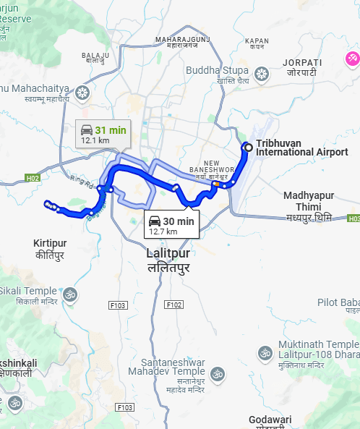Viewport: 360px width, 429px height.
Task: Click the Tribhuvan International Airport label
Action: [296, 148]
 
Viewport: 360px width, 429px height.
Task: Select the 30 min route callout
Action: [171, 224]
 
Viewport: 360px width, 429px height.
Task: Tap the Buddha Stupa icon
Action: [262, 74]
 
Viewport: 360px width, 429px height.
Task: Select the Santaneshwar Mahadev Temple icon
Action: [218, 375]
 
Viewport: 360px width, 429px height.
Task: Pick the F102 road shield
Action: [174, 305]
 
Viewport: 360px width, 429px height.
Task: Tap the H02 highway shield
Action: [32, 177]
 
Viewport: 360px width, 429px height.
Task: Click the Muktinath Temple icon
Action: [265, 354]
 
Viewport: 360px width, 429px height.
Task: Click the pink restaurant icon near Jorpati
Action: [353, 58]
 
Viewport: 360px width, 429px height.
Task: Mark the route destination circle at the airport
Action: [248, 148]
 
